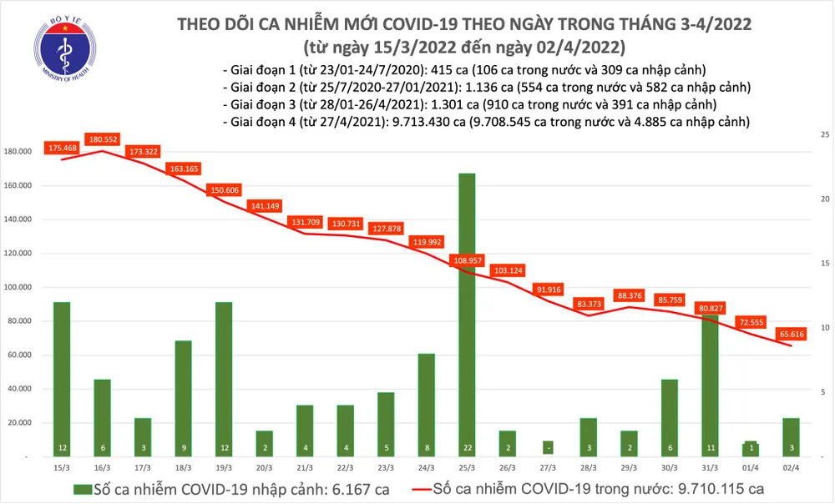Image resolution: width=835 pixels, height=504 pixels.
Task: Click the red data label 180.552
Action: (104, 139)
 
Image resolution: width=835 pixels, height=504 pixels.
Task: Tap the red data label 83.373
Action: (588, 304)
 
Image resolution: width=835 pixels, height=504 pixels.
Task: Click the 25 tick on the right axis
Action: (824, 134)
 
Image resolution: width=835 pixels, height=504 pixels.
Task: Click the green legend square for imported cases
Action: (78, 488)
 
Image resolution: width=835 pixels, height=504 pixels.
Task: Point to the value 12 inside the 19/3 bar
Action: (224, 448)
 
